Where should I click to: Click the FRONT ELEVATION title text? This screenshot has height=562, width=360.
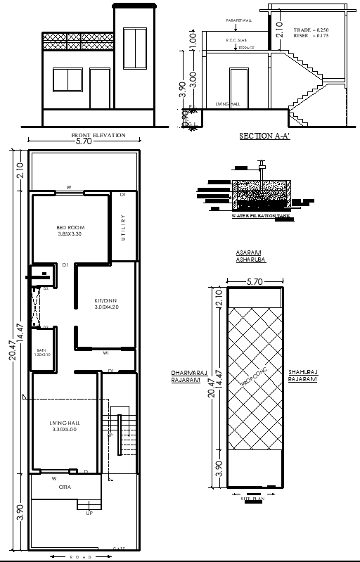(98, 135)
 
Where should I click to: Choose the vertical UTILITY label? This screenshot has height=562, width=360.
(123, 228)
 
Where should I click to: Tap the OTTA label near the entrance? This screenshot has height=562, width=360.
(63, 485)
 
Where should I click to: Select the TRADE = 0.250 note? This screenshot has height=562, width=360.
(311, 30)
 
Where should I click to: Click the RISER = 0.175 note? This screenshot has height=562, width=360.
(311, 37)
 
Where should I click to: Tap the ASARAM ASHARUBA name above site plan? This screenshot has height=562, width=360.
(249, 256)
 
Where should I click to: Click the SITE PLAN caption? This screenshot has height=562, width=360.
(251, 498)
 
